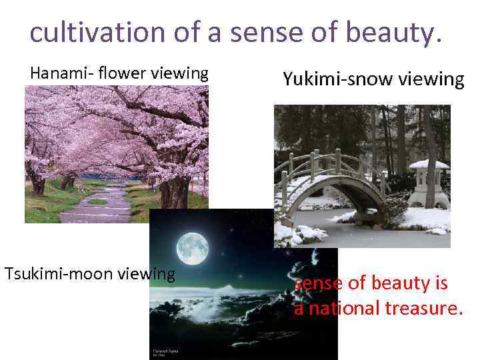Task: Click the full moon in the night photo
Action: [x=192, y=249]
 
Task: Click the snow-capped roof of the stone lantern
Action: [x=429, y=164]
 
